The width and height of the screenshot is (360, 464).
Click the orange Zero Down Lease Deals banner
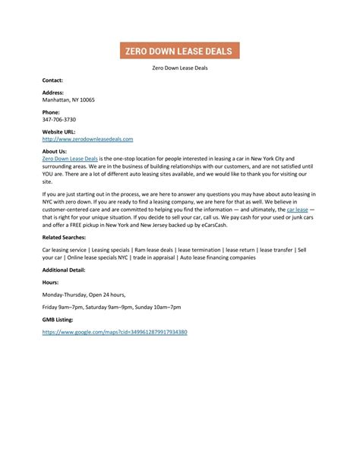click(x=180, y=51)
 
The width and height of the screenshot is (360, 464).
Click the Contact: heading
click(x=53, y=79)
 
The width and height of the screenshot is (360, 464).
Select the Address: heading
click(x=54, y=93)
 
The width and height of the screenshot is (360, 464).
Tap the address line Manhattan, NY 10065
click(x=69, y=99)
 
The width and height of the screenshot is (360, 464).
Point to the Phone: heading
click(x=52, y=112)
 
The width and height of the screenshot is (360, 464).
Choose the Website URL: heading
click(x=59, y=132)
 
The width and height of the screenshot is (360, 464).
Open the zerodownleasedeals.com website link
click(x=88, y=139)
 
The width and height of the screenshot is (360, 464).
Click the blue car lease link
click(x=297, y=208)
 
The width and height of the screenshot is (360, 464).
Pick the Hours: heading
click(x=51, y=283)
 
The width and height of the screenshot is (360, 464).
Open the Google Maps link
click(x=115, y=332)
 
